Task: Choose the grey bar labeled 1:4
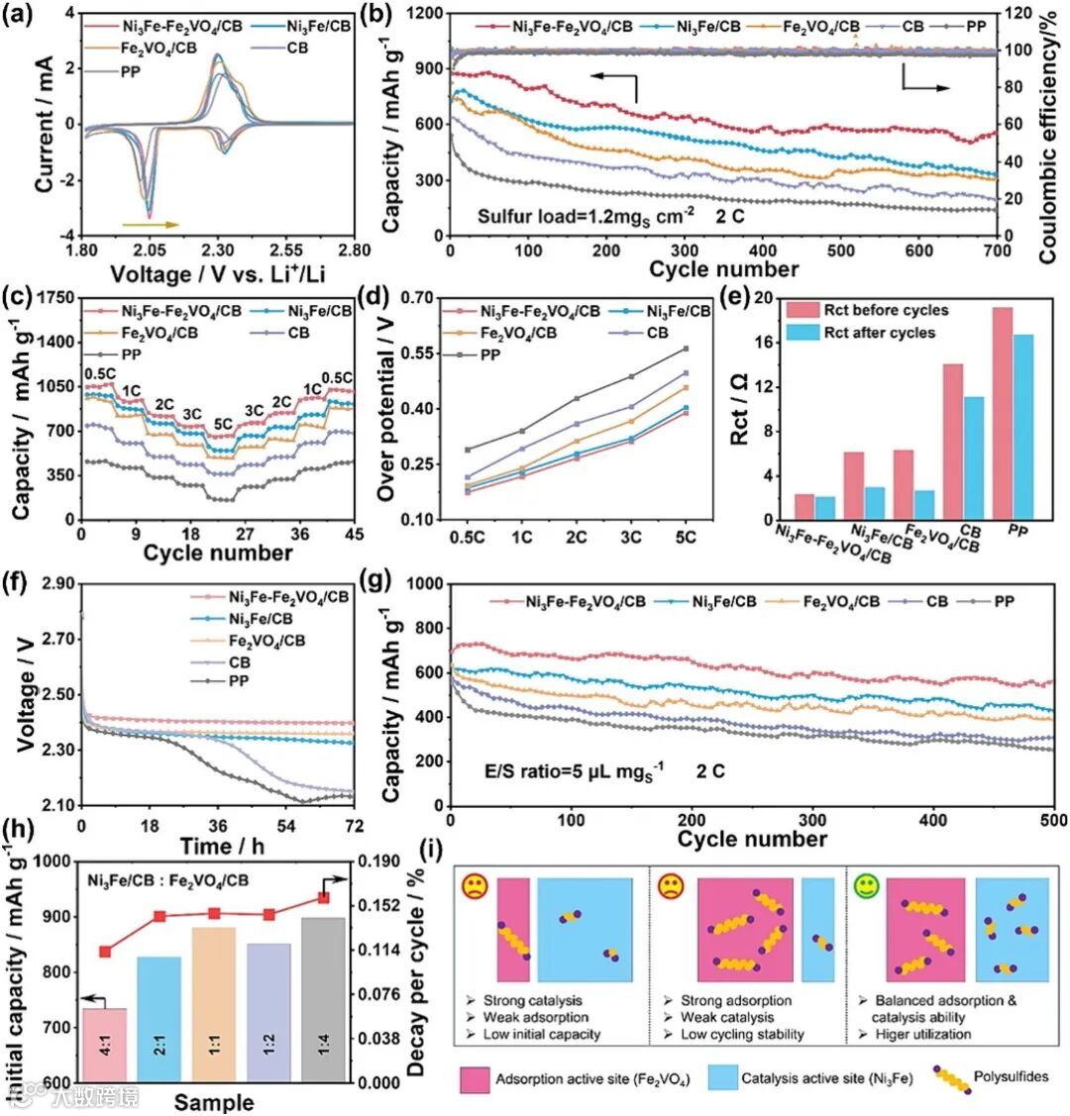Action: [x=322, y=1000]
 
